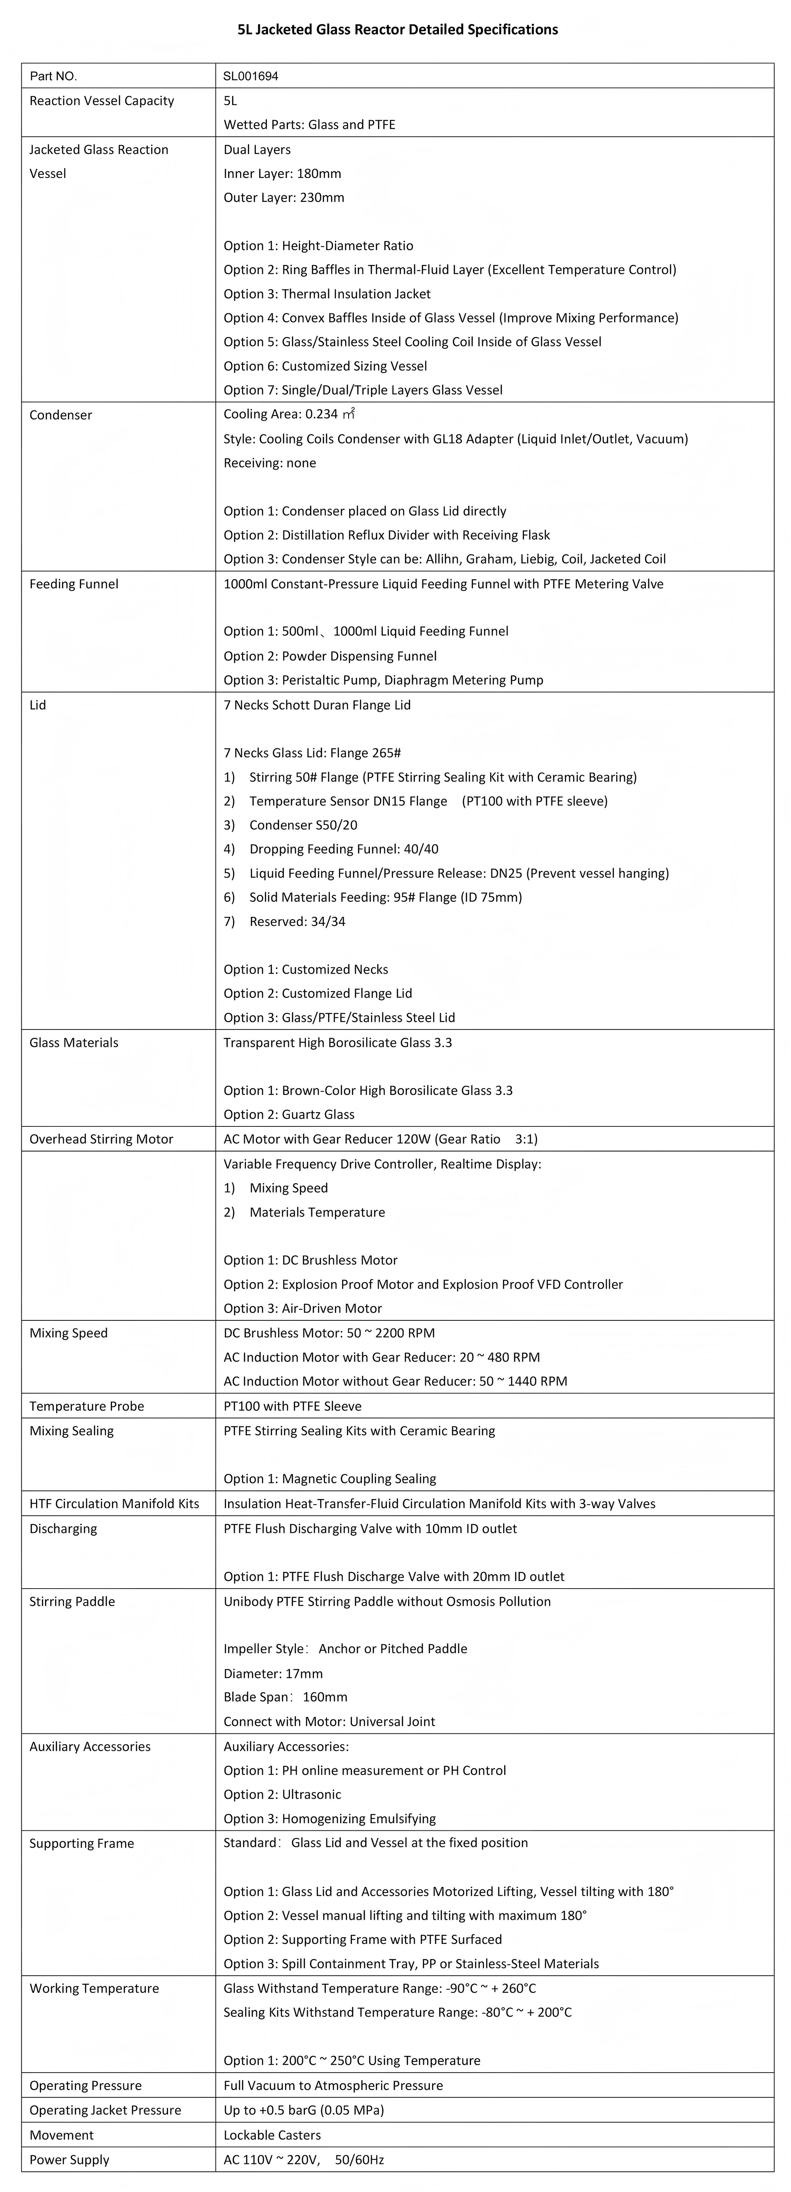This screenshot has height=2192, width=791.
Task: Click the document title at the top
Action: coord(397,30)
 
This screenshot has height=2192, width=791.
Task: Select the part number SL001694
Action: coord(251,76)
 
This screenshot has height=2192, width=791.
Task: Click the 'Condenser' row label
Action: coord(61,415)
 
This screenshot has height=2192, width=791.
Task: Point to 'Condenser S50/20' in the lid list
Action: coord(303,825)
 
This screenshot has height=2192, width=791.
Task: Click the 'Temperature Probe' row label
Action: coord(87,1406)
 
